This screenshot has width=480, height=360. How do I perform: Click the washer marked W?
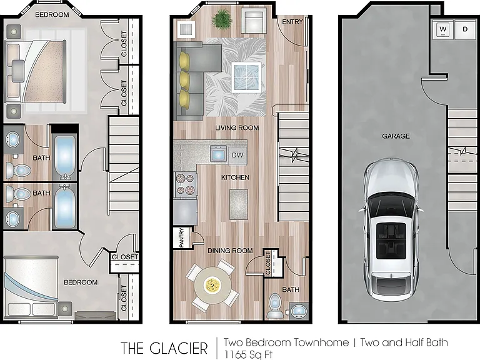442,29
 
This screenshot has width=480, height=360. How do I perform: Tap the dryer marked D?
465,29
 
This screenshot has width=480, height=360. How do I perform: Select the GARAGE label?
396,136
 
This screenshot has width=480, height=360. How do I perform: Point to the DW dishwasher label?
237,155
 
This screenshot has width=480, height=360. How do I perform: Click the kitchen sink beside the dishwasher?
218,153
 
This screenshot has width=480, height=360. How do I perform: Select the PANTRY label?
181,237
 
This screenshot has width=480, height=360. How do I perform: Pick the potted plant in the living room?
221,19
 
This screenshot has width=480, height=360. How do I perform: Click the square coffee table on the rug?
246,77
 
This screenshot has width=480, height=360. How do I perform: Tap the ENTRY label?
292,22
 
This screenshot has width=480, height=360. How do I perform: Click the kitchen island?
239,204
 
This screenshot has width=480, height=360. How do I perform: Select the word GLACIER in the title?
179,348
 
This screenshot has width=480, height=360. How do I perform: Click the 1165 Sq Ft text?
248,354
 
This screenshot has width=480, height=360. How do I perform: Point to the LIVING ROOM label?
237,127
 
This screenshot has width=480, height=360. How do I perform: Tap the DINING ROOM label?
230,251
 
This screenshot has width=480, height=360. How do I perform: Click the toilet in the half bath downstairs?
274,306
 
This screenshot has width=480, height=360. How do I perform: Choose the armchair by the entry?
253,20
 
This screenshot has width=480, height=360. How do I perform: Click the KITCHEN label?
235,177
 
